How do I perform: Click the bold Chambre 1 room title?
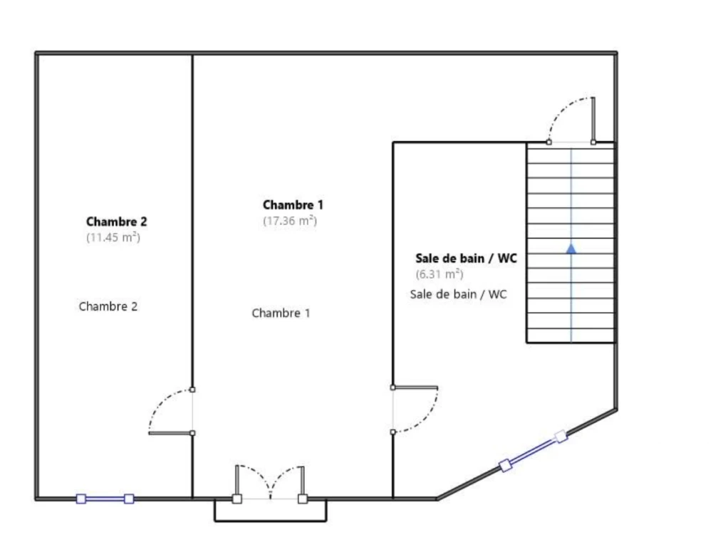(x=293, y=205)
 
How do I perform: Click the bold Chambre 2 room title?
(x=117, y=222)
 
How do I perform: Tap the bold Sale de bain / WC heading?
(x=466, y=258)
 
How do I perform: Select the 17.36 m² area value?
(x=290, y=221)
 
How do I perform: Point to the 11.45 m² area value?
(x=113, y=237)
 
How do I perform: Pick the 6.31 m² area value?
(x=440, y=274)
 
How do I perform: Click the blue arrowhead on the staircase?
(x=571, y=249)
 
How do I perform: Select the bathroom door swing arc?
(x=423, y=415)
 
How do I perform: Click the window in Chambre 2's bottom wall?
(x=105, y=499)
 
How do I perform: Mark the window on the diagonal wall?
(x=533, y=450)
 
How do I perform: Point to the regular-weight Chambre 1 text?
(x=281, y=313)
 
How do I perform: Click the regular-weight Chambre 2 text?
(x=108, y=306)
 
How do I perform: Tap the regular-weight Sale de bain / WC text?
(x=458, y=294)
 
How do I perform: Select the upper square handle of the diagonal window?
(x=561, y=436)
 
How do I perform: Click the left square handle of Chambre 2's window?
(x=81, y=499)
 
